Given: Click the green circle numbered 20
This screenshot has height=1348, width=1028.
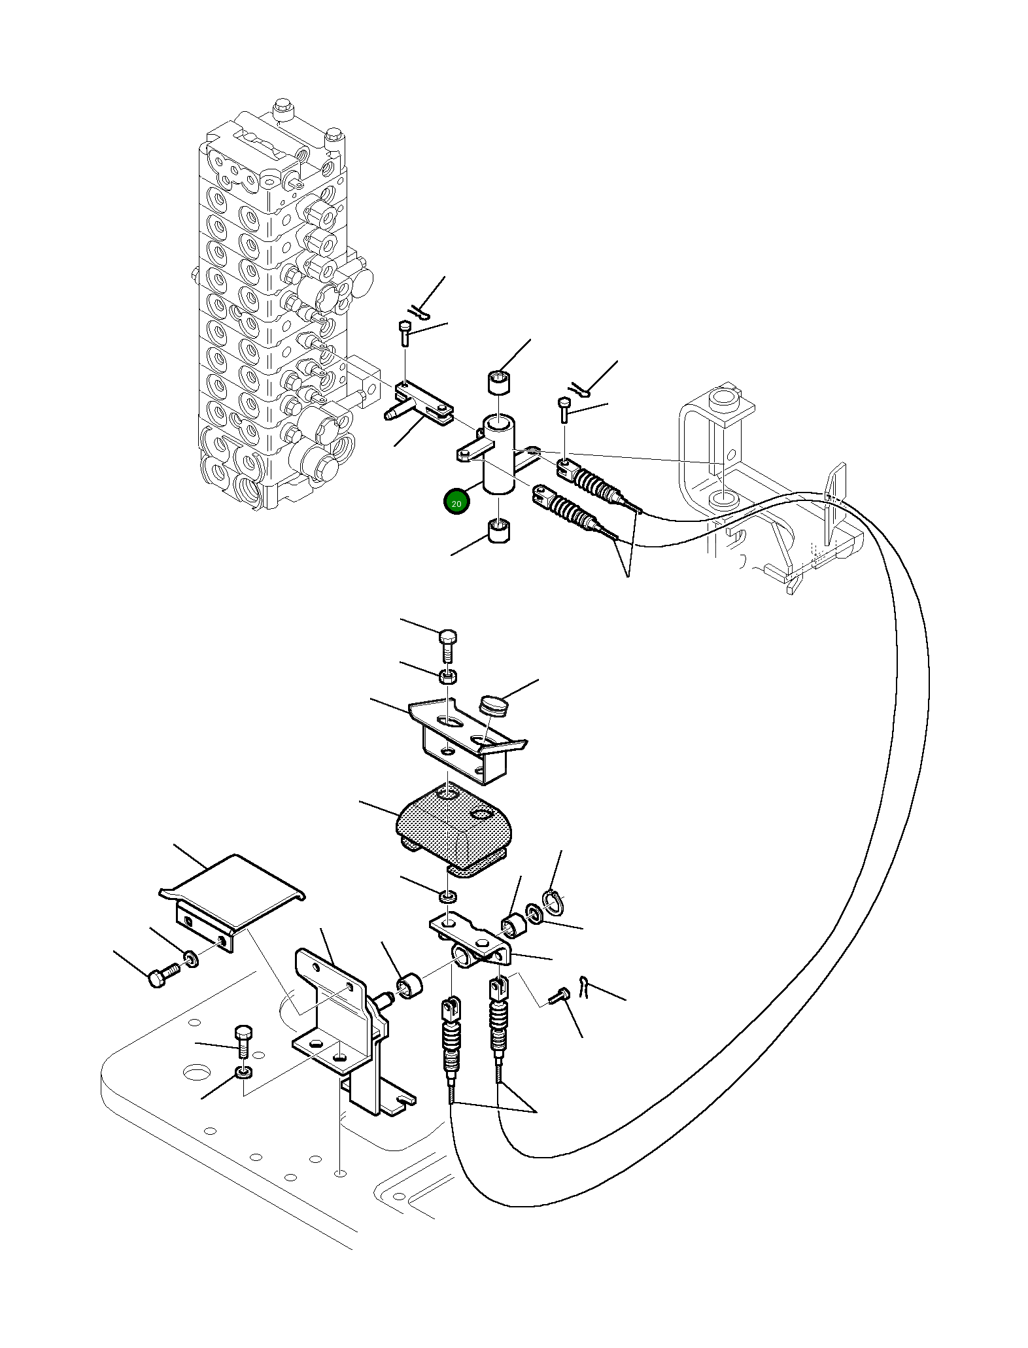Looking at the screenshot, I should click(x=456, y=503).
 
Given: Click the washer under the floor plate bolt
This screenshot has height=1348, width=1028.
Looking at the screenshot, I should click(x=243, y=1073).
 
